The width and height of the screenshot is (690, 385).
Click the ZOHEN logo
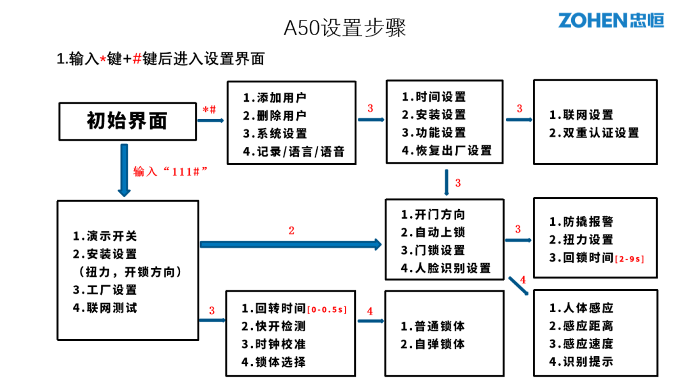(x=611, y=20)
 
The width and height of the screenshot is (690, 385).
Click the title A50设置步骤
(x=344, y=28)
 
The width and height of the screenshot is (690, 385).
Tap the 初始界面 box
(x=127, y=121)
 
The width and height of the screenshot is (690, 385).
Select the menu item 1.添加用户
(x=274, y=98)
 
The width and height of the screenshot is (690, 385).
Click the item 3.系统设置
(x=274, y=134)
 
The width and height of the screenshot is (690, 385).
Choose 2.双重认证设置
(x=594, y=133)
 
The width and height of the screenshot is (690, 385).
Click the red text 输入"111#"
(x=171, y=172)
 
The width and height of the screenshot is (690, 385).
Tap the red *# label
(x=210, y=109)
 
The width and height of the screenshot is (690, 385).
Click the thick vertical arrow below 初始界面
(x=124, y=170)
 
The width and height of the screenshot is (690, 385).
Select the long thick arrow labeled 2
(x=291, y=244)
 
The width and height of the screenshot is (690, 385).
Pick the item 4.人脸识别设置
(x=445, y=269)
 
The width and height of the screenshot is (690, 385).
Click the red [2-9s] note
(x=629, y=259)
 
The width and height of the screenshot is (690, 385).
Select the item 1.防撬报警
(x=581, y=222)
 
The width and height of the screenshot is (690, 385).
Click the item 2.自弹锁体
(x=433, y=344)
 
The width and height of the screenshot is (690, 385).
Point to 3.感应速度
(x=581, y=343)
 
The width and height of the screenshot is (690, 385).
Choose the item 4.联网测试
(x=105, y=308)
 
